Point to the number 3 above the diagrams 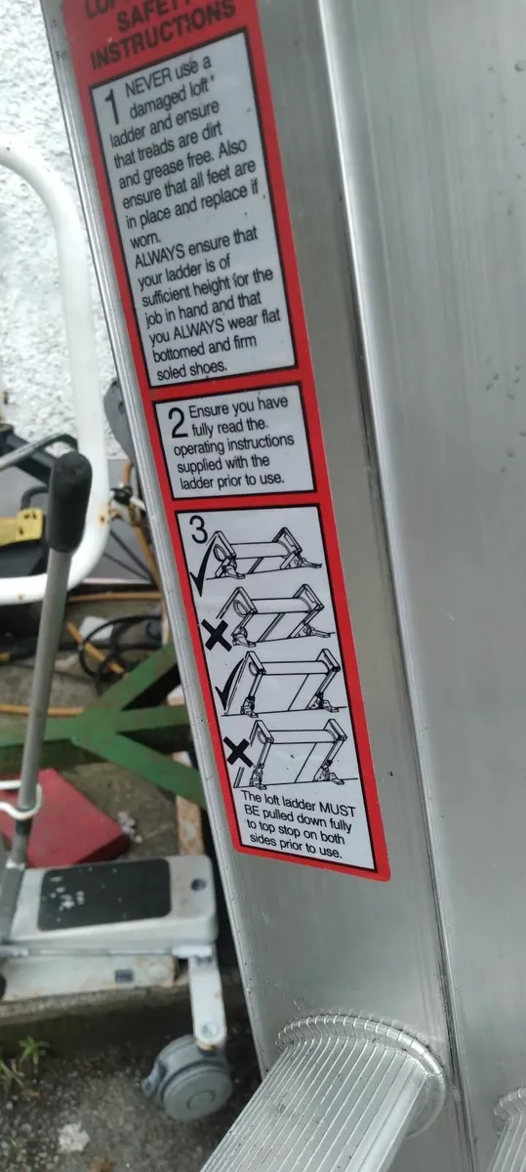(x=198, y=532)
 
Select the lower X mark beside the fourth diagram (x=237, y=752)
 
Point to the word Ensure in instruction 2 (x=220, y=411)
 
